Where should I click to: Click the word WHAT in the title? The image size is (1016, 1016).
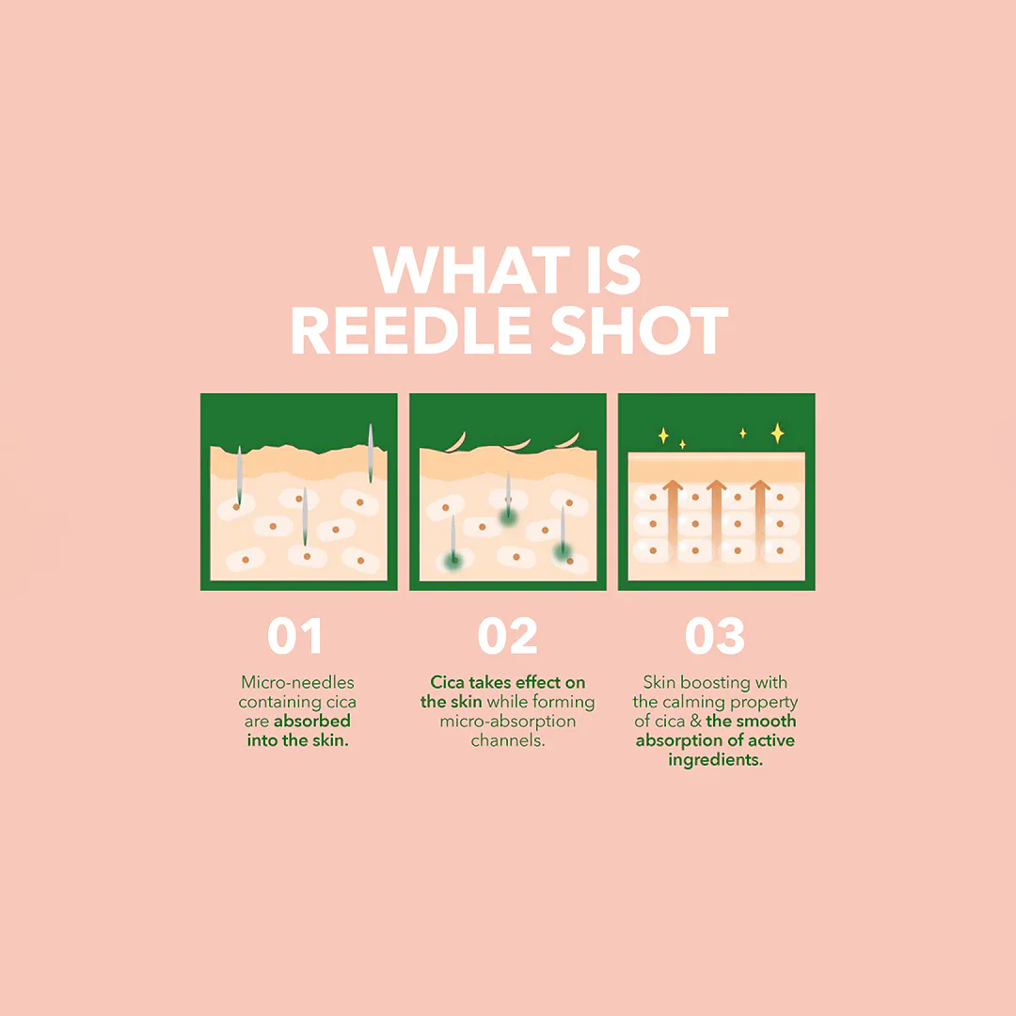pos(471,270)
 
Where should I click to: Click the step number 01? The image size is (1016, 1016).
pos(295,636)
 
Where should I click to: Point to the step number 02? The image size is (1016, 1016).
pos(507,636)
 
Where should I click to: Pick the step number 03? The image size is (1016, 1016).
pos(715,636)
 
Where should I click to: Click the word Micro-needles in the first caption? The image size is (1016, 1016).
pos(297,682)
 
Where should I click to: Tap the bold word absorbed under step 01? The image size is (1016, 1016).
pos(311,722)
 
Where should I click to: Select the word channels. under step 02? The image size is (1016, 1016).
pos(508,740)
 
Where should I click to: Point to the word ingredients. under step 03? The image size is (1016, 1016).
pos(715,760)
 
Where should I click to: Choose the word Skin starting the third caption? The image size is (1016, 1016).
pos(659,682)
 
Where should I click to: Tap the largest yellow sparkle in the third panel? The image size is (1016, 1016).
pos(778,433)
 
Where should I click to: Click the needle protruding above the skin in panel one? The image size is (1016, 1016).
pos(371,452)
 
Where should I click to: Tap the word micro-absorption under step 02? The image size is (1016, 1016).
pos(508,722)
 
